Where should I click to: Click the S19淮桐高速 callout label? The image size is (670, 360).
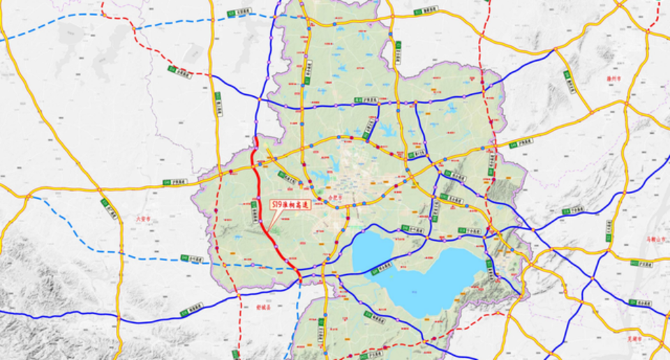(292, 205)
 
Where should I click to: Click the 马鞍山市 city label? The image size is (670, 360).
(656, 239)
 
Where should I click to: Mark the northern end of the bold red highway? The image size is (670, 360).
(255, 137)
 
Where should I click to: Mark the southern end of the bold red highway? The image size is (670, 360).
(300, 277)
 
